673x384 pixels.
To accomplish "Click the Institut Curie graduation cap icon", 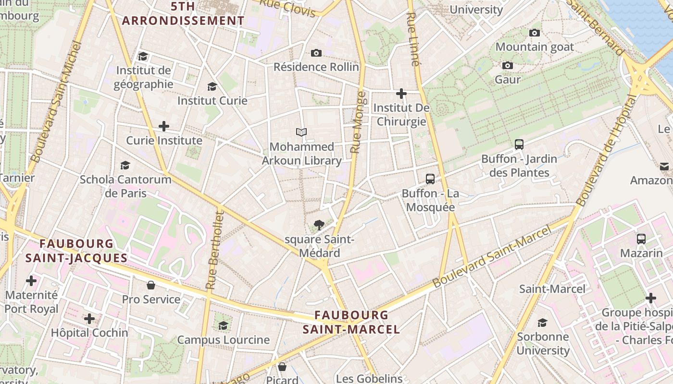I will click(x=212, y=87).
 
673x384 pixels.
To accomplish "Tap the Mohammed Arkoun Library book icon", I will click(x=301, y=132).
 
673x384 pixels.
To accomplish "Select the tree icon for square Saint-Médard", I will click(x=318, y=225).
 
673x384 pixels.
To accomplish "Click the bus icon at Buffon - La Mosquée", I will click(x=430, y=179).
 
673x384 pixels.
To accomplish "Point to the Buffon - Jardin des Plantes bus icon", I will click(x=519, y=144).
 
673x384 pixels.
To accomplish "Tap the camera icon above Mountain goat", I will click(x=534, y=33).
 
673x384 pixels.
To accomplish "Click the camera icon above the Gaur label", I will click(x=507, y=65).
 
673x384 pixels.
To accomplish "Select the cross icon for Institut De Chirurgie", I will click(x=401, y=93).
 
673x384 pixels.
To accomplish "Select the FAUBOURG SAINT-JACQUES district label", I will click(x=76, y=251).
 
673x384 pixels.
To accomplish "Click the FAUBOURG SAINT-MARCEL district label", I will click(x=351, y=322).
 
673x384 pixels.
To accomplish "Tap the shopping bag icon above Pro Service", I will click(x=151, y=285).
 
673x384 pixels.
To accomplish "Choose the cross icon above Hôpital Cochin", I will click(x=89, y=318).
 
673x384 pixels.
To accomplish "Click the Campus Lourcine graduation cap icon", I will click(x=223, y=326).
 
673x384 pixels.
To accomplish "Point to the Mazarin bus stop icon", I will click(x=641, y=239).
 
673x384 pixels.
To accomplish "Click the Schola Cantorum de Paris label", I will click(x=125, y=186).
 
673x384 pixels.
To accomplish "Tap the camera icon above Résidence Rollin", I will click(x=316, y=53).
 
